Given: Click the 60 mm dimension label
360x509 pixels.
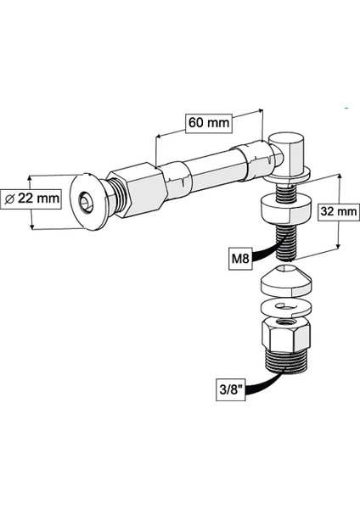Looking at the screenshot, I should pyautogui.click(x=208, y=122).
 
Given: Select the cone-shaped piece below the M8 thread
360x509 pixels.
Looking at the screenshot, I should pyautogui.click(x=284, y=277).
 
